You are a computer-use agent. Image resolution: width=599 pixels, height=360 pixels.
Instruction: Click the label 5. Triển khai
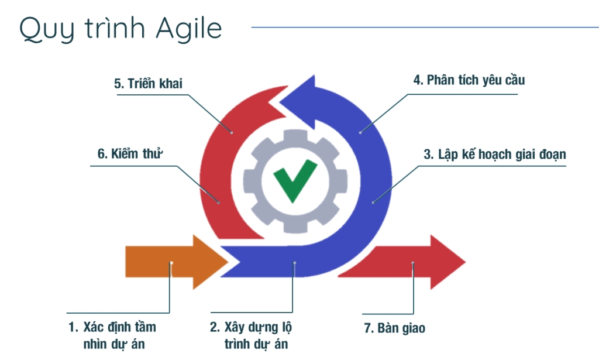point(148,84)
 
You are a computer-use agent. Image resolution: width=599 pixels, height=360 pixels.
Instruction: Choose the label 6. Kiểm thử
point(129,155)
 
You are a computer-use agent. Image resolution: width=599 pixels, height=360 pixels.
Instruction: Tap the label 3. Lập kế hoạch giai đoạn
point(495,155)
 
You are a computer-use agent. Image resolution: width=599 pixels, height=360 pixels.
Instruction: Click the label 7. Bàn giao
point(395,328)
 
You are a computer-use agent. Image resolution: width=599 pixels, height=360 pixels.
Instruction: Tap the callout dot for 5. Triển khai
point(232,132)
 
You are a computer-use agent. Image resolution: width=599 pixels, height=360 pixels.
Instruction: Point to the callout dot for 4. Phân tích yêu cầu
point(360,132)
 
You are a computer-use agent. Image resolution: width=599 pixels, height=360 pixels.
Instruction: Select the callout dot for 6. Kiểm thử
point(219,203)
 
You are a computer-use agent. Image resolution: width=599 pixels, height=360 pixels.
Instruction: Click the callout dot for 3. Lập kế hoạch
point(373,203)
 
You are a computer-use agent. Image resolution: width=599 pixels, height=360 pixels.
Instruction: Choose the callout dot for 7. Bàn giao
point(412,263)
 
